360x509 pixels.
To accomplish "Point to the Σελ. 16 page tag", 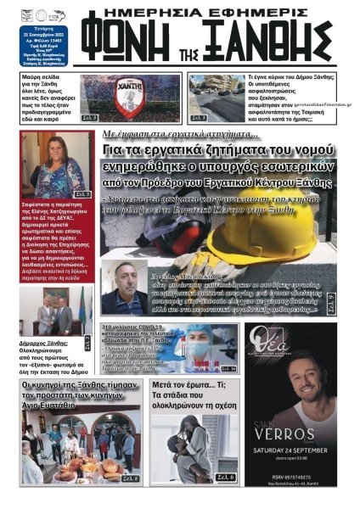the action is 228,369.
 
